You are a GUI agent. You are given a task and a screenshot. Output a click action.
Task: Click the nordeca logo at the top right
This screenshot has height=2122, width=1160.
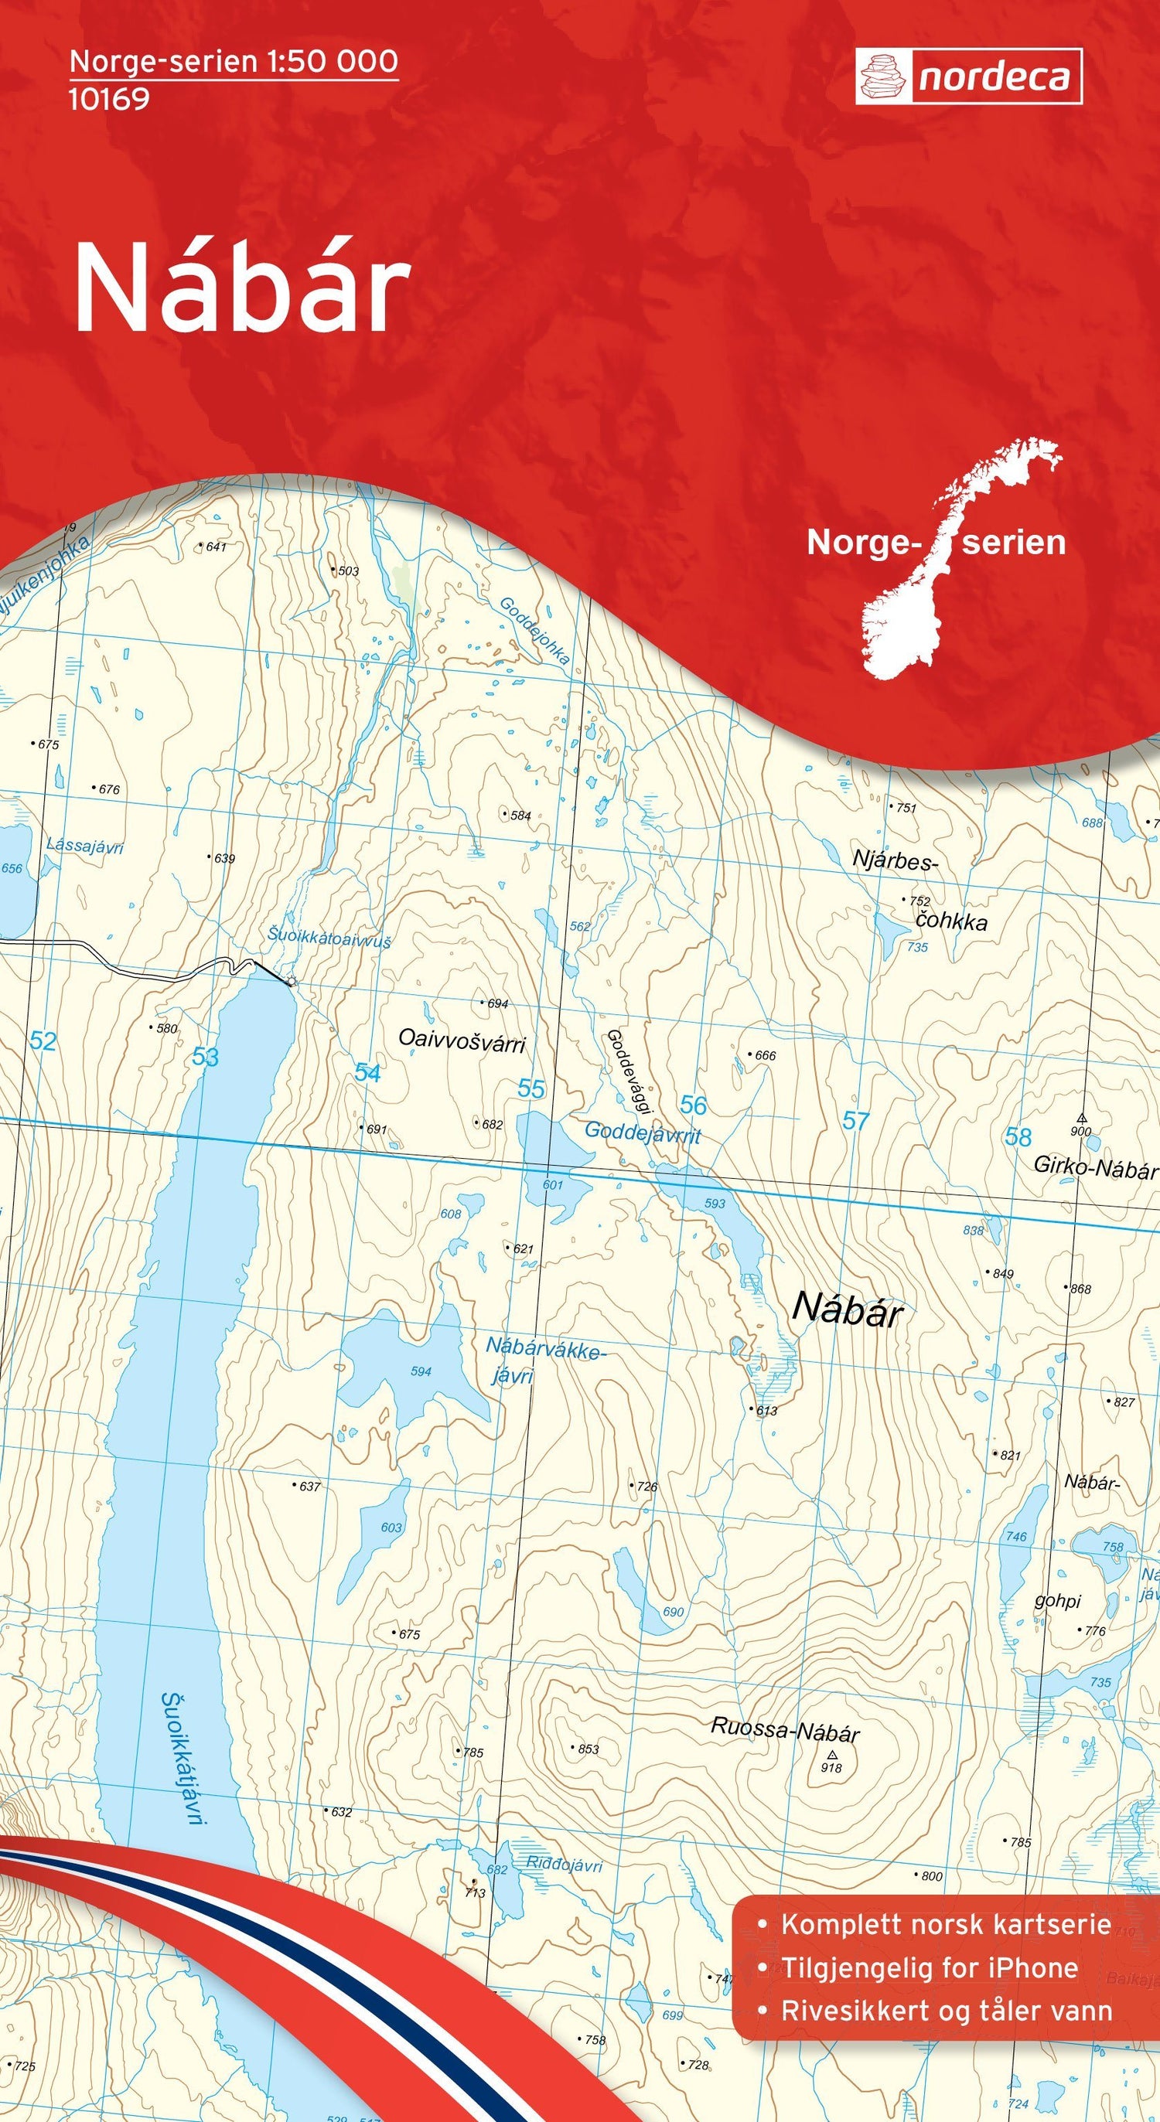[x=968, y=77]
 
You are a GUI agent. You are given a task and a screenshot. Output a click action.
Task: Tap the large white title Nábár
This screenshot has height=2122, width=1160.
[x=242, y=290]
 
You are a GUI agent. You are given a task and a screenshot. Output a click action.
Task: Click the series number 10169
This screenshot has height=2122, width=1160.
[x=109, y=99]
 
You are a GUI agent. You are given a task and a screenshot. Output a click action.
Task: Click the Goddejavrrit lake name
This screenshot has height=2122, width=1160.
[x=643, y=1133]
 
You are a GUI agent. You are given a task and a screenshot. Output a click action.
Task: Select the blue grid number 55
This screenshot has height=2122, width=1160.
[x=531, y=1089]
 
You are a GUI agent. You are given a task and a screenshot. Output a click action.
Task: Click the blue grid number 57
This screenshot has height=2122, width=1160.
[x=856, y=1120]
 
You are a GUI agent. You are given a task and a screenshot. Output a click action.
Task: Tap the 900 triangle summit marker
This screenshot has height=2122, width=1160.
[x=1082, y=1118]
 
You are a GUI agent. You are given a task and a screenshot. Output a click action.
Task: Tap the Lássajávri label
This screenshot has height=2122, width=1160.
[x=85, y=845]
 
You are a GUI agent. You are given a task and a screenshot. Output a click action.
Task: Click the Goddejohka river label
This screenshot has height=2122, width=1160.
[x=534, y=630]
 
